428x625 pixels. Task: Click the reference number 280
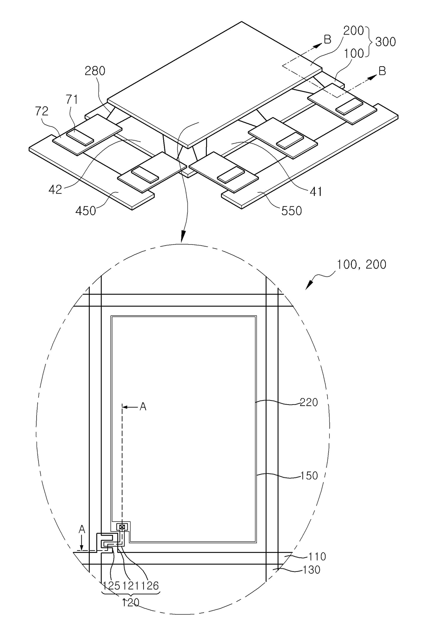(95, 71)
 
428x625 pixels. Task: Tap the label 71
(72, 100)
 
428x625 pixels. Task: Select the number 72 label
(41, 111)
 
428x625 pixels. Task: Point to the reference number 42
(55, 189)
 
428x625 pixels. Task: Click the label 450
(86, 210)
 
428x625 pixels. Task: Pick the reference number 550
(291, 210)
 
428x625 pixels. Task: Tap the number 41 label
(315, 191)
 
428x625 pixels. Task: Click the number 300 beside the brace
(385, 42)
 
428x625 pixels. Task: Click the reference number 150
(309, 476)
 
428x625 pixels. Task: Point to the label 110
(317, 556)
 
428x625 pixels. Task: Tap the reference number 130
(311, 569)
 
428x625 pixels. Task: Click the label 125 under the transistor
(111, 585)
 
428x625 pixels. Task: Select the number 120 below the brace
(131, 603)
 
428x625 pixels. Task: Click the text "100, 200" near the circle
(361, 265)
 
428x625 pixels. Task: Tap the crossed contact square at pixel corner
(122, 527)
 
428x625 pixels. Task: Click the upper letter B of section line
(327, 40)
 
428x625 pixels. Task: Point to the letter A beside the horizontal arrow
(143, 407)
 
